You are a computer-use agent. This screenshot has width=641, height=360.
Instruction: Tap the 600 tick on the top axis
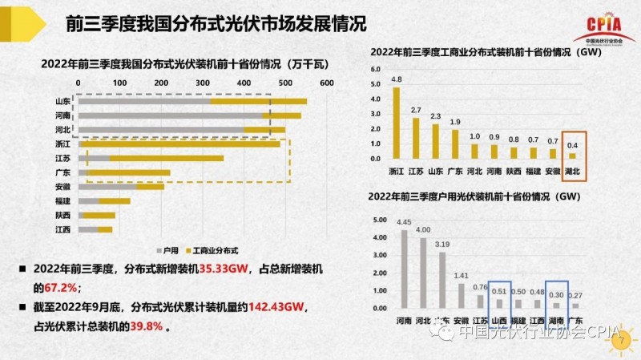(x=325, y=83)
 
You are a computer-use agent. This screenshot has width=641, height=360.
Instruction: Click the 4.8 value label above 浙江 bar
(x=396, y=79)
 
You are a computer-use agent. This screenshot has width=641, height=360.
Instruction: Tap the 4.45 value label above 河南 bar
(x=403, y=222)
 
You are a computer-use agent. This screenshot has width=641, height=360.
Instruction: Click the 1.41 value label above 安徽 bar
(x=461, y=276)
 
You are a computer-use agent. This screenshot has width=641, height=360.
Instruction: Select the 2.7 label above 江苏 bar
(x=416, y=110)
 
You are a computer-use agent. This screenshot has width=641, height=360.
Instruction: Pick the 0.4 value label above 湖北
(x=572, y=145)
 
